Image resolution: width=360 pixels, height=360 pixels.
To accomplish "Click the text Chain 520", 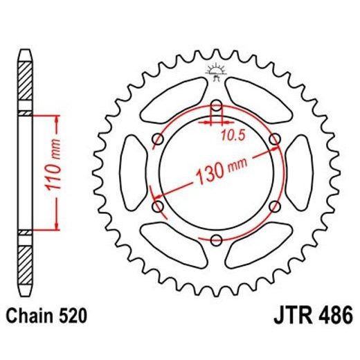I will point(48,316).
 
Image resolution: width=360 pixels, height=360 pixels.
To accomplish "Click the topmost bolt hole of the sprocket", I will point(216,106).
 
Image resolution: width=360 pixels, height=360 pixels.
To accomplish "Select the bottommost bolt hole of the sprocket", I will point(216,240).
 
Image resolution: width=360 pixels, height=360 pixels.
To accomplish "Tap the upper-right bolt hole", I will point(275,140).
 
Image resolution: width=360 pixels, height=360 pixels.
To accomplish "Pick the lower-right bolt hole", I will point(275,206).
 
